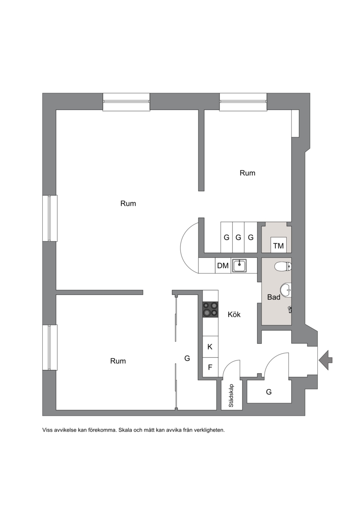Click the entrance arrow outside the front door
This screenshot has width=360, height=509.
pyautogui.click(x=326, y=360)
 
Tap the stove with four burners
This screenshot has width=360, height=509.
pyautogui.click(x=210, y=309)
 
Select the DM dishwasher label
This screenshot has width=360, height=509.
pyautogui.click(x=223, y=266)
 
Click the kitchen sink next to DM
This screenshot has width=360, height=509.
pyautogui.click(x=239, y=266)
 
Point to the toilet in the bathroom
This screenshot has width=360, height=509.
pyautogui.click(x=283, y=267)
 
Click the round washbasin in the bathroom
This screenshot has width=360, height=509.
pyautogui.click(x=286, y=290)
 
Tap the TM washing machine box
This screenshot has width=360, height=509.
pyautogui.click(x=279, y=245)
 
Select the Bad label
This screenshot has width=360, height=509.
pyautogui.click(x=274, y=297)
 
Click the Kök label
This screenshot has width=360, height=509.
pyautogui.click(x=234, y=314)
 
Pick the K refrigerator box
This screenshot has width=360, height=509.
pyautogui.click(x=210, y=347)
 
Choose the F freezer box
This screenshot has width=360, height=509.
pyautogui.click(x=210, y=368)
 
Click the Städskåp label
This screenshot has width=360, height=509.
pyautogui.click(x=231, y=396)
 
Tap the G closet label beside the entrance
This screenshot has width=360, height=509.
pyautogui.click(x=269, y=392)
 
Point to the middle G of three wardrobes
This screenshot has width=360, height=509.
pyautogui.click(x=238, y=237)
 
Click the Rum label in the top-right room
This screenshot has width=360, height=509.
pyautogui.click(x=247, y=173)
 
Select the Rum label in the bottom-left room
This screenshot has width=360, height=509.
pyautogui.click(x=118, y=360)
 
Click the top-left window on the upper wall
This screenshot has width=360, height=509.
pyautogui.click(x=126, y=102)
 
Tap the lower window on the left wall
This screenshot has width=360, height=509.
pyautogui.click(x=50, y=347)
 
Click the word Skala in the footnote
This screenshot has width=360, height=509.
pyautogui.click(x=126, y=430)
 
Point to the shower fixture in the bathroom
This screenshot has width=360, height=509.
pyautogui.click(x=289, y=309)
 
